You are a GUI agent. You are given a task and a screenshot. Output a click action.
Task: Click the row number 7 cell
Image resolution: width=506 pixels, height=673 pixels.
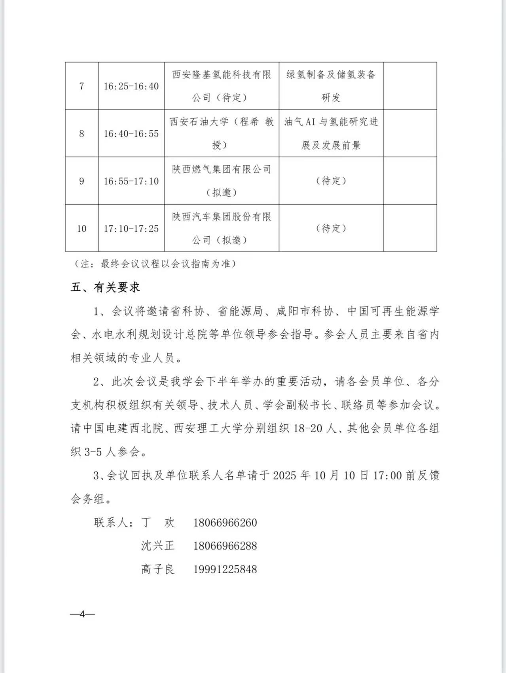click(x=81, y=86)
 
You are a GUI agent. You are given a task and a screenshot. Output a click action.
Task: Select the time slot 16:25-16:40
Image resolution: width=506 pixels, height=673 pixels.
click(x=131, y=86)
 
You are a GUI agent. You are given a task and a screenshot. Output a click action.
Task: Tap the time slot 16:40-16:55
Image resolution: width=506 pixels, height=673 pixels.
click(x=131, y=133)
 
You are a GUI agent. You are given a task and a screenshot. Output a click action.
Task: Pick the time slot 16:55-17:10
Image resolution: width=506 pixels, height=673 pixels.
click(x=131, y=181)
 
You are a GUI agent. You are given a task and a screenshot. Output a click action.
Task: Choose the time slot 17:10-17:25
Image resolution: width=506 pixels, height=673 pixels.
click(x=131, y=228)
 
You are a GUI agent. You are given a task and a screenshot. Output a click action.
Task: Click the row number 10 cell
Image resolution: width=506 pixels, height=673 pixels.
click(x=81, y=228)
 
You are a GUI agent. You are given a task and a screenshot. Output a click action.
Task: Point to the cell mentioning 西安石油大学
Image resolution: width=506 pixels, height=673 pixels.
click(x=222, y=133)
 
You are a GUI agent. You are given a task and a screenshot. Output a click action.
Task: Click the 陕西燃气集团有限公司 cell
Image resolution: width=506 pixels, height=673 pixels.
click(x=222, y=181)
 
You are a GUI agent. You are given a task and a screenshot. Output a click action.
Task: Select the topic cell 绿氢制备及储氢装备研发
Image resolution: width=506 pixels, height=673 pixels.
click(x=331, y=86)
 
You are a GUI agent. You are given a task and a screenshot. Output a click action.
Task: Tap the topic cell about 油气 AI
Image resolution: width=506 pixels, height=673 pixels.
click(x=331, y=133)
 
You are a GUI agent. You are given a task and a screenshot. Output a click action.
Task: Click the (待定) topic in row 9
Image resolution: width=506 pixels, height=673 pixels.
click(x=331, y=181)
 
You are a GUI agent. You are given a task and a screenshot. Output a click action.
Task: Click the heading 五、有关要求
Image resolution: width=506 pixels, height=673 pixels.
click(x=105, y=287)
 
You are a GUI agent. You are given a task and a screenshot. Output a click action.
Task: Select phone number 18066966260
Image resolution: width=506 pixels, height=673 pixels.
click(x=225, y=523)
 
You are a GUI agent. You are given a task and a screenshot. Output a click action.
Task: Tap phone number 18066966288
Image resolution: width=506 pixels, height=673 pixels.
click(x=225, y=546)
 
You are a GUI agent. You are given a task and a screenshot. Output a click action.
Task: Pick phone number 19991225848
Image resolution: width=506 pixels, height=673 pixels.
click(x=225, y=569)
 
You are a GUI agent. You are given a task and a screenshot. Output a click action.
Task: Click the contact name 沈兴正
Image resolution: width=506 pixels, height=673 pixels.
click(x=157, y=546)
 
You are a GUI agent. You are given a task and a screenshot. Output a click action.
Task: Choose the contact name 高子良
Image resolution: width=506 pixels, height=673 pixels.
click(x=157, y=569)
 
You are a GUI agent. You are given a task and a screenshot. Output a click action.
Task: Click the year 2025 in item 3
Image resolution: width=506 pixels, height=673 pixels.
click(x=284, y=475)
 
